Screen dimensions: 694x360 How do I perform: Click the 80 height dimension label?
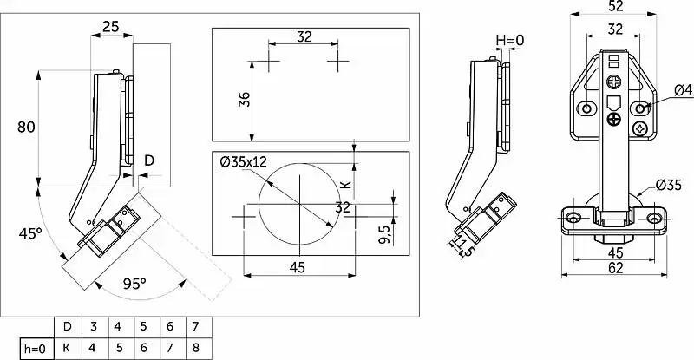coord(26,128)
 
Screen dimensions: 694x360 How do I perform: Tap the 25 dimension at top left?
coord(111,27)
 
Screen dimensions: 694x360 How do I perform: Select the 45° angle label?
coord(29,233)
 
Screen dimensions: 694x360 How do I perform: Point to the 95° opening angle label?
coord(134,284)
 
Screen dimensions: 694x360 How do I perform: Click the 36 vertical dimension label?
coord(245,99)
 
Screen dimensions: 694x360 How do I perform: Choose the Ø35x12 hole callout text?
coord(244,162)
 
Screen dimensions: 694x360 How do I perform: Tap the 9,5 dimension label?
coord(384,234)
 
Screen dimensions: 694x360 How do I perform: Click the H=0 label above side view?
coord(509,40)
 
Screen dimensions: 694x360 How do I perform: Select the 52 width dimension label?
coord(616,6)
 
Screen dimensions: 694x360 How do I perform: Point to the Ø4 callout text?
coord(683,90)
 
